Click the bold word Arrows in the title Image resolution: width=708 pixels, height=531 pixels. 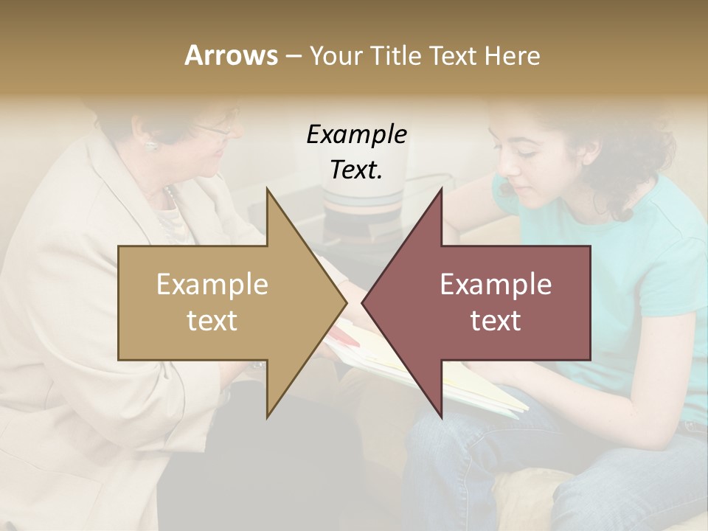pos(231,55)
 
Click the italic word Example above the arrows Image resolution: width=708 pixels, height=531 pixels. pos(356,135)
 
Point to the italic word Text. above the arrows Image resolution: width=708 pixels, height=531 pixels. pos(356,170)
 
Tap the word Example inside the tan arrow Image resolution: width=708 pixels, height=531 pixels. pos(212,285)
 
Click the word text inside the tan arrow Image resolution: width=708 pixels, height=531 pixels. pos(212,321)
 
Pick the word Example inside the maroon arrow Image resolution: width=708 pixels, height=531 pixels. pos(496,285)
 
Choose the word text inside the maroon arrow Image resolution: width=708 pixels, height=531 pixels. pos(496,321)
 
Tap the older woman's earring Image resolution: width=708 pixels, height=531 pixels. pos(150,145)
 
